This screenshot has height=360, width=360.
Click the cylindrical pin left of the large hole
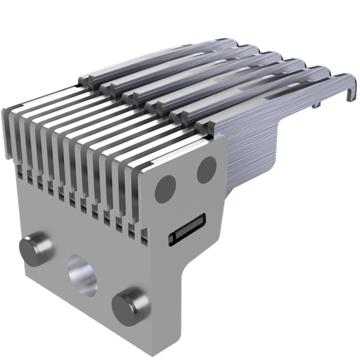36,250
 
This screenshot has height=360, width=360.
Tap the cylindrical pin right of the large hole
131,302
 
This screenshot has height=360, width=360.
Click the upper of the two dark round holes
206,169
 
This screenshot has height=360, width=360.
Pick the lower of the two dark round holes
165,186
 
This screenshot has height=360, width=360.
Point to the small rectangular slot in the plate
186,229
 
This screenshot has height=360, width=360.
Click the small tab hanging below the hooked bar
320,105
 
